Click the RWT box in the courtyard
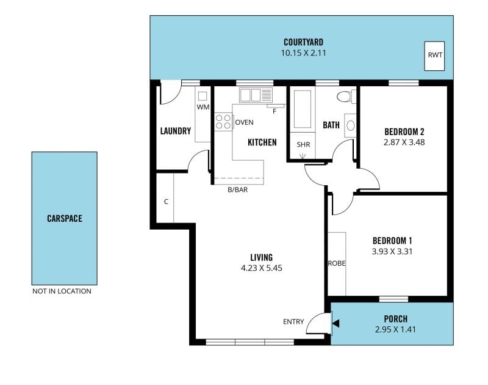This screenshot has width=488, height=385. point(435,56)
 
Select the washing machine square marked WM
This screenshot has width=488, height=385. point(203,96)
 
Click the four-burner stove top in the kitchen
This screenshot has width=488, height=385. point(223,122)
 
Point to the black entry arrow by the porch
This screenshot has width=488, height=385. point(335,323)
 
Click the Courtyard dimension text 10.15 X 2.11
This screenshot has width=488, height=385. point(303,53)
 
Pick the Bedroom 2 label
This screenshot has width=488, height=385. point(404,131)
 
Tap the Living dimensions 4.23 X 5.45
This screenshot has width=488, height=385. point(262,268)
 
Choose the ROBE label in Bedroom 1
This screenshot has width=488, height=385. point(337,263)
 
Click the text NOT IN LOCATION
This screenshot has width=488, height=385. point(62,291)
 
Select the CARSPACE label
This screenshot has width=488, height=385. point(65,219)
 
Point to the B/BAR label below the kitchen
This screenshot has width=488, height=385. point(238,189)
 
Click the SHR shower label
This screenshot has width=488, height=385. point(303,145)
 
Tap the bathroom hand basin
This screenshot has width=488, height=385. point(350,125)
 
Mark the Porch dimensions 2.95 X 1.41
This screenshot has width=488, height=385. point(395,329)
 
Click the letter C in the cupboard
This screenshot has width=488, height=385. point(166,202)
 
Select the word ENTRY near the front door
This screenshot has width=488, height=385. point(293,321)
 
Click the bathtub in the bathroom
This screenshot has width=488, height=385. point(303,109)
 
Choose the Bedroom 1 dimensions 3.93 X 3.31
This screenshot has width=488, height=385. point(392,252)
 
